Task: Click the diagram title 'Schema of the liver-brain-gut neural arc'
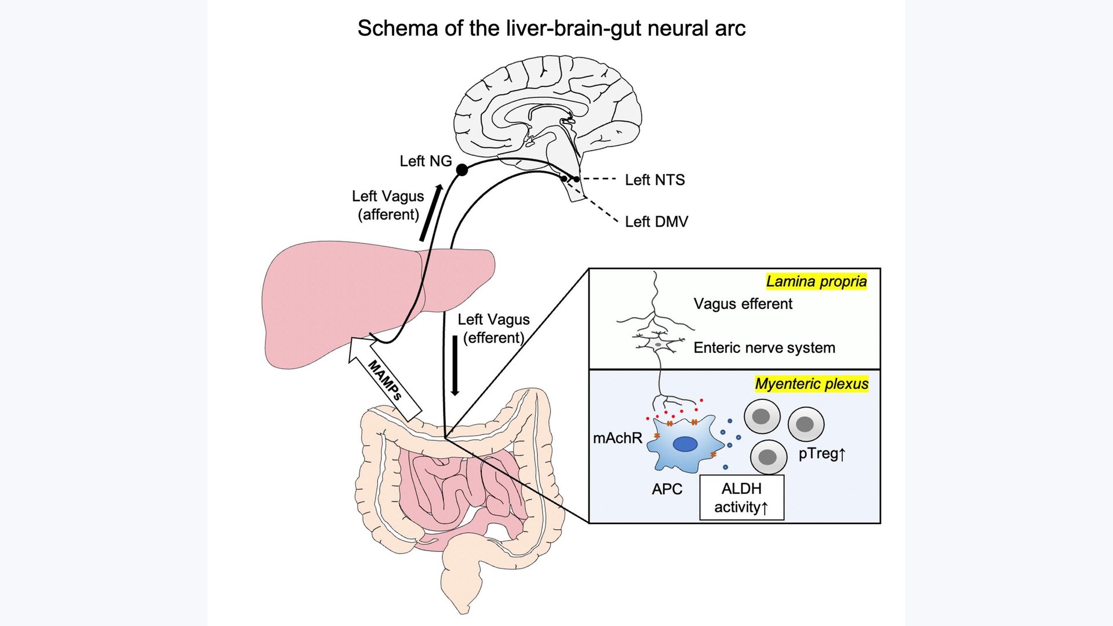pyautogui.click(x=551, y=28)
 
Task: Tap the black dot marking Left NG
pyautogui.click(x=462, y=170)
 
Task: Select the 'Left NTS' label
pyautogui.click(x=654, y=180)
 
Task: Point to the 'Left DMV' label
pyautogui.click(x=656, y=222)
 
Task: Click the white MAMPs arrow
pyautogui.click(x=385, y=380)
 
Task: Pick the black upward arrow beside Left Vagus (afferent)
pyautogui.click(x=431, y=213)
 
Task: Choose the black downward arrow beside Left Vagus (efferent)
pyautogui.click(x=455, y=366)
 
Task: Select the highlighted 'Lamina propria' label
pyautogui.click(x=816, y=282)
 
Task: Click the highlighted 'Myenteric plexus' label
pyautogui.click(x=812, y=384)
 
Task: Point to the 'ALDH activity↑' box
pyautogui.click(x=741, y=498)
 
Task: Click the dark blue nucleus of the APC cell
pyautogui.click(x=685, y=445)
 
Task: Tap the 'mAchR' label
pyautogui.click(x=617, y=438)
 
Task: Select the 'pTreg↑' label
pyautogui.click(x=822, y=454)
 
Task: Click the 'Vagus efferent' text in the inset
pyautogui.click(x=743, y=304)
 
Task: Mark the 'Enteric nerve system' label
pyautogui.click(x=764, y=348)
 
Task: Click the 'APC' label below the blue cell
pyautogui.click(x=667, y=489)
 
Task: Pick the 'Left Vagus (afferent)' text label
pyautogui.click(x=388, y=205)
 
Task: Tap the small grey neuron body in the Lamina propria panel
pyautogui.click(x=658, y=345)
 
